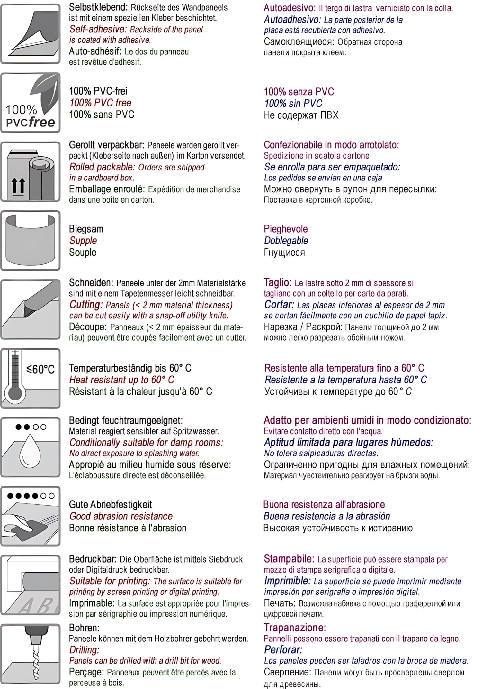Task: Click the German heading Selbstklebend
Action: point(98,7)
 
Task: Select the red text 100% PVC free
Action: point(100,103)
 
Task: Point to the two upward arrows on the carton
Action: point(18,186)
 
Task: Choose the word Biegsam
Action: point(86,229)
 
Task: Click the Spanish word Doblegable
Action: point(286,241)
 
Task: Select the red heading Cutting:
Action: point(86,305)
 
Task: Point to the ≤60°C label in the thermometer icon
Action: point(41,369)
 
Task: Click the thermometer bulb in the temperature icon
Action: point(15,393)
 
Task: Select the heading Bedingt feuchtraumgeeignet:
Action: point(126,420)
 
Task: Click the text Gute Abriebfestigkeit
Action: point(110,504)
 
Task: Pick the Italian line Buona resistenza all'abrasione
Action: point(324,504)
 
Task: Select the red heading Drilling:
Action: point(84,650)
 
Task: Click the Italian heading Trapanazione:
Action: point(295,628)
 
